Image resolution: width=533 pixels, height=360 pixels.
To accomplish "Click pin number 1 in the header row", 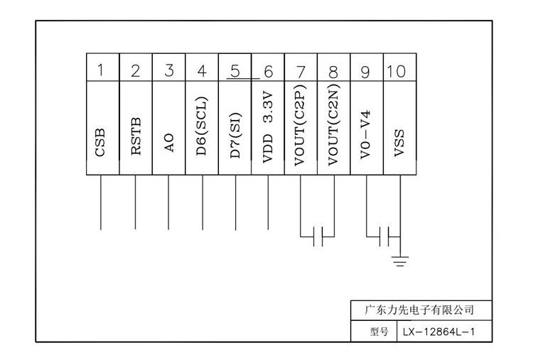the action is [x=102, y=70].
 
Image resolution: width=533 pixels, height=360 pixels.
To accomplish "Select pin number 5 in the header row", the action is [x=235, y=70].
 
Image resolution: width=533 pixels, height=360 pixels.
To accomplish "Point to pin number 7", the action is [x=301, y=70].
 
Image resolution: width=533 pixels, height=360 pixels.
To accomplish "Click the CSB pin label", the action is [x=102, y=141].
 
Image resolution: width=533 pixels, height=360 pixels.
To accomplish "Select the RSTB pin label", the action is [x=136, y=136].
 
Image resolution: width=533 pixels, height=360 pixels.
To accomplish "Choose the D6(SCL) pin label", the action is [x=203, y=126].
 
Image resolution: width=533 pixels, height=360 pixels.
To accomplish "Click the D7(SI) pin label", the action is [x=235, y=131].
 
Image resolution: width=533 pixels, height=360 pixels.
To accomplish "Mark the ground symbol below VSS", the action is [x=400, y=263].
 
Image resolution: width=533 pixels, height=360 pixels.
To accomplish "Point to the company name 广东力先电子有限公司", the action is [x=419, y=310].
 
